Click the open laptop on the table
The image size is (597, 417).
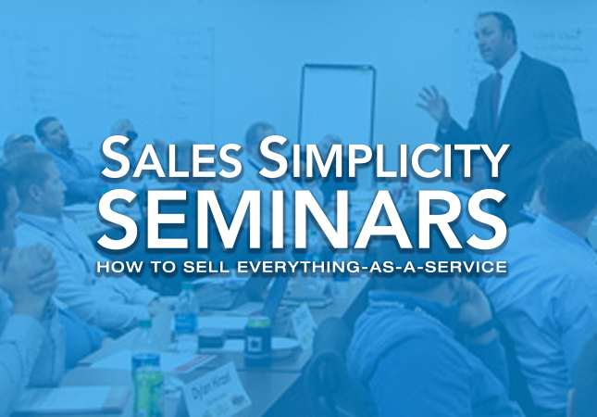[x=268, y=295]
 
